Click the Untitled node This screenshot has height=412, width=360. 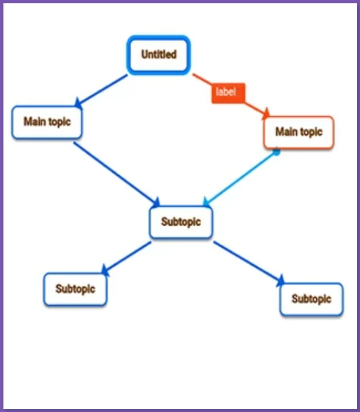[158, 55]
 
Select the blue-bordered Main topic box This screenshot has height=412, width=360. [47, 122]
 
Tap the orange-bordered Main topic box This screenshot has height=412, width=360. [298, 133]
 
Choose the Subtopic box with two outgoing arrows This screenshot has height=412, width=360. [181, 222]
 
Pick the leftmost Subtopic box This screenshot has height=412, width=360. [75, 289]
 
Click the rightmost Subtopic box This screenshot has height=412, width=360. [311, 299]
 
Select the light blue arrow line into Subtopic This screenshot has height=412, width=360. [240, 178]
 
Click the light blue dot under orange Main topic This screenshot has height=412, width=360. [276, 152]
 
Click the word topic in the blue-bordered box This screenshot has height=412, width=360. [59, 122]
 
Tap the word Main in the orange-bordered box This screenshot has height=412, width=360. [286, 133]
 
